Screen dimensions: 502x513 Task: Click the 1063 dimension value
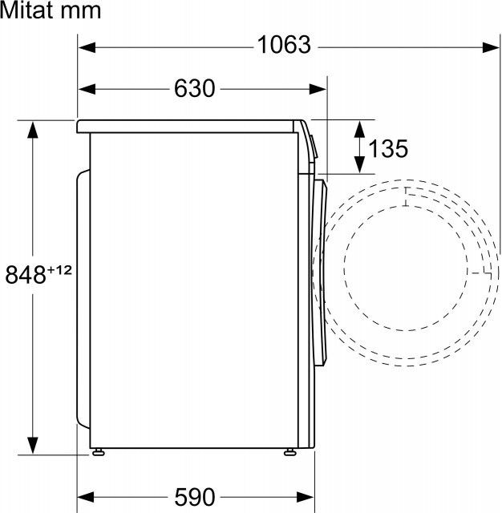pyautogui.click(x=284, y=45)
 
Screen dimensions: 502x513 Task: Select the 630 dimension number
pyautogui.click(x=194, y=88)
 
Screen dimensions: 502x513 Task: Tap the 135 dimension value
pyautogui.click(x=388, y=148)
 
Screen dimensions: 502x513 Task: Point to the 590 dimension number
pyautogui.click(x=195, y=497)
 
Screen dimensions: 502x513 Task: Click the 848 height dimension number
pyautogui.click(x=26, y=274)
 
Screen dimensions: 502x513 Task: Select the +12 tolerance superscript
pyautogui.click(x=59, y=270)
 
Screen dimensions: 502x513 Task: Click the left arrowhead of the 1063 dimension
pyautogui.click(x=87, y=47)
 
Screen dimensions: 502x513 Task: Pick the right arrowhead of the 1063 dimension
pyautogui.click(x=492, y=47)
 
